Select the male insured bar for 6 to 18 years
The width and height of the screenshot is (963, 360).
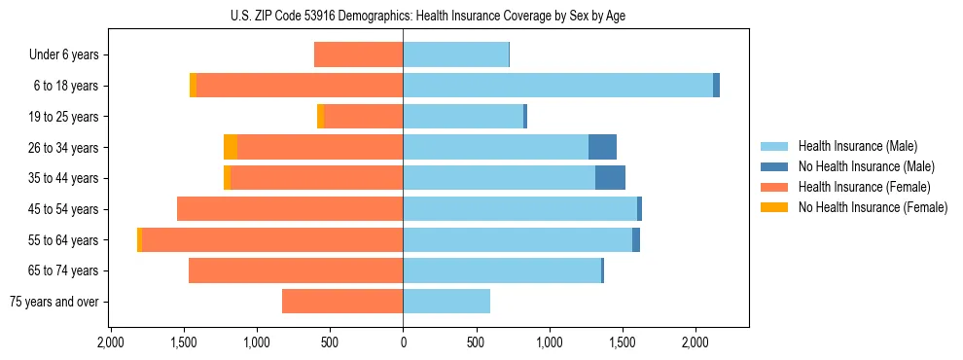coord(557,86)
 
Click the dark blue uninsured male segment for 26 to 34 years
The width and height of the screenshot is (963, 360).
coord(602,147)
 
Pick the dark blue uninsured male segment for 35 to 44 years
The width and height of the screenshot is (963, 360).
coord(610,178)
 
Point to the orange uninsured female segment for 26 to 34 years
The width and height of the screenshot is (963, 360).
coord(231,147)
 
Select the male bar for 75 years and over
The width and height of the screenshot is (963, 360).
coord(446,302)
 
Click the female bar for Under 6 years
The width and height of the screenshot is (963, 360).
coord(358,54)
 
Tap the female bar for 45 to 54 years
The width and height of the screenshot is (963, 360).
coord(290,209)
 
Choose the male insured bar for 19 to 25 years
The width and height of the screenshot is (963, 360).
coord(463,117)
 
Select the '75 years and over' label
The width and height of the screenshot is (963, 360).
coord(53,302)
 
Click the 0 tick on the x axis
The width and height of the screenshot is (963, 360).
coord(403,342)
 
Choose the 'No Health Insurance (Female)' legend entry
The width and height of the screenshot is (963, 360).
coord(873,207)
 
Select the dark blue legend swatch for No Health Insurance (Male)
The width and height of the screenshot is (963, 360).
coord(773,166)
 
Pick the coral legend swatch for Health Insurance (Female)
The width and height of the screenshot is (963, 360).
coord(773,187)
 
